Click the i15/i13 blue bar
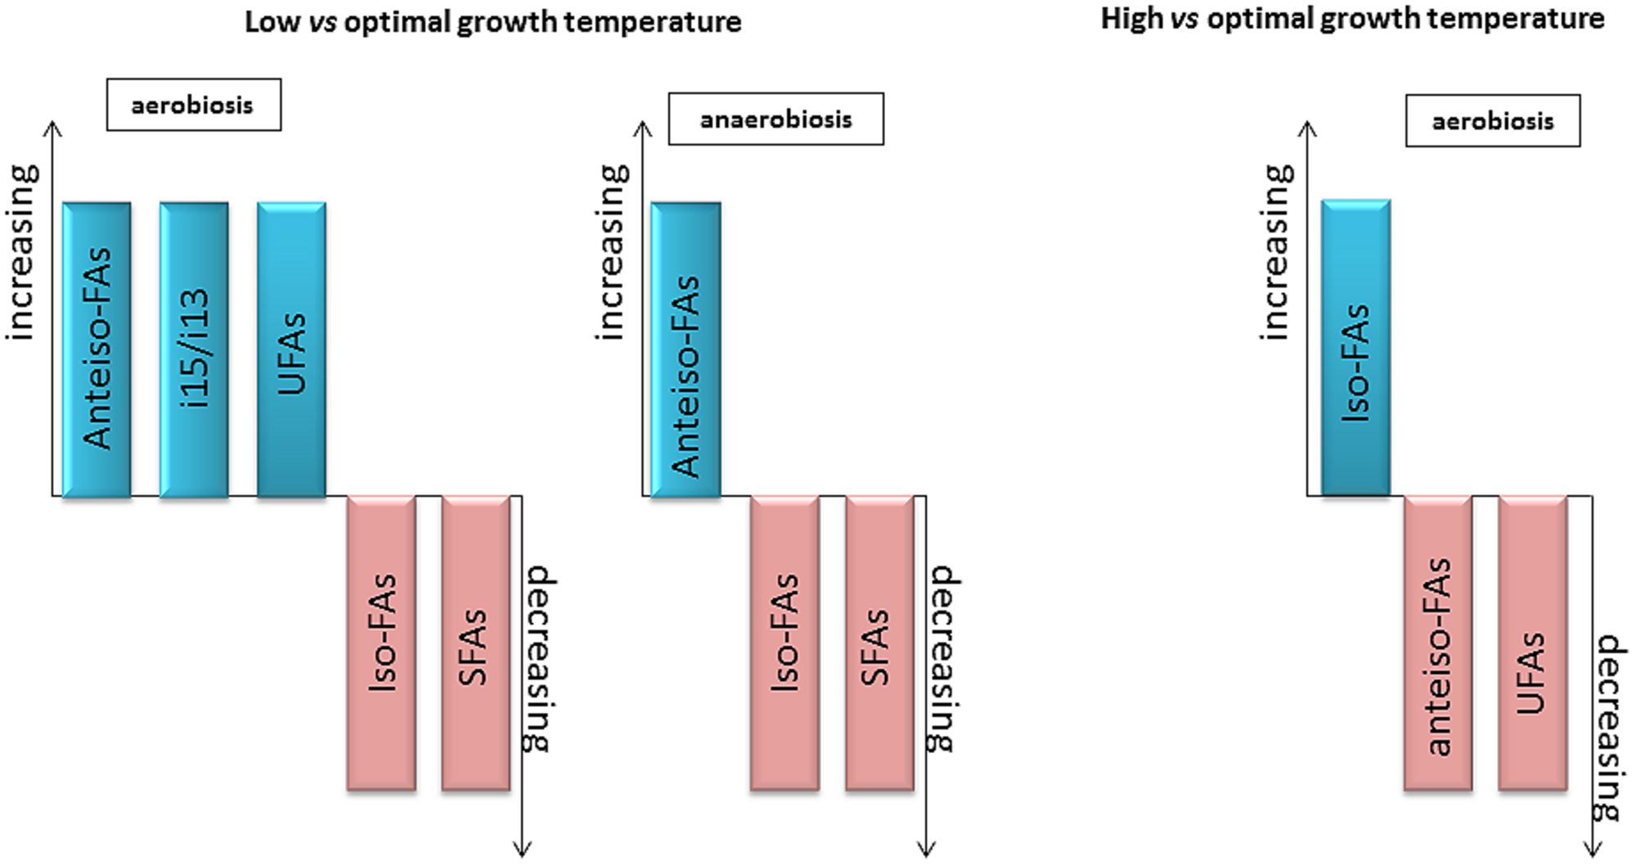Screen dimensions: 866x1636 click(194, 350)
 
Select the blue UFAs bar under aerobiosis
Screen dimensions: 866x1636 click(291, 350)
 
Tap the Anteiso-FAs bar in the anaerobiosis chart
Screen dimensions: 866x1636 click(685, 350)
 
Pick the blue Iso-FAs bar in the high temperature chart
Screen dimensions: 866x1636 click(1355, 348)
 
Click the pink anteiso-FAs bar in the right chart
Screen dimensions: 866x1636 click(1438, 643)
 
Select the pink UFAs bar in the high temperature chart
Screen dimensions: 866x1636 click(1532, 643)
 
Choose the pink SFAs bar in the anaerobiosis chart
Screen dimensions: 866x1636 click(879, 643)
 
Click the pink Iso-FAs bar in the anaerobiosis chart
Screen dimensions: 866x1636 click(784, 643)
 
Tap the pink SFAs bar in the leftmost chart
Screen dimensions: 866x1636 click(475, 643)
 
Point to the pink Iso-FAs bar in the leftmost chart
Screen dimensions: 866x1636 click(381, 643)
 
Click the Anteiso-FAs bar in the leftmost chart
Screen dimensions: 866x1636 click(97, 350)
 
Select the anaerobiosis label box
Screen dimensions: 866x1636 click(775, 120)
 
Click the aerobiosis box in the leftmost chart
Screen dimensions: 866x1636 click(193, 105)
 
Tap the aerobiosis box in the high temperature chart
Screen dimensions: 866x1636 click(1493, 121)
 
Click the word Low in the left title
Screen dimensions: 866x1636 click(272, 22)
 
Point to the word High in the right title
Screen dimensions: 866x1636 click(1130, 19)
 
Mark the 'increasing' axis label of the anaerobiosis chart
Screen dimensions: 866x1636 click(611, 252)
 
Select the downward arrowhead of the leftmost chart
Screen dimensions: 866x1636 click(522, 850)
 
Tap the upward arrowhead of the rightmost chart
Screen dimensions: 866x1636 click(1307, 128)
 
